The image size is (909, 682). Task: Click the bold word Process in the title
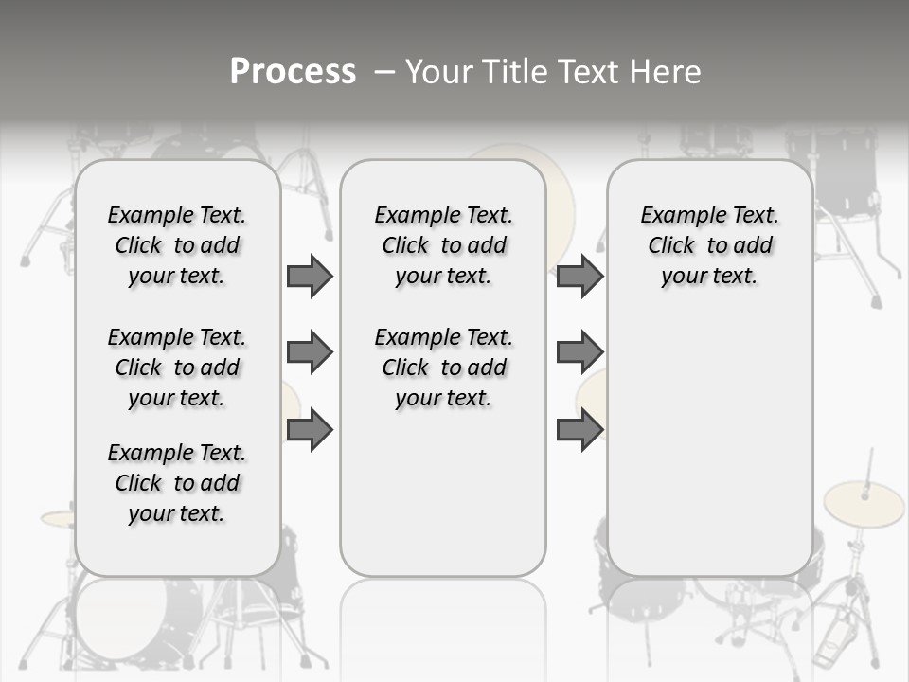click(293, 72)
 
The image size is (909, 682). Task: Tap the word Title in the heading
click(514, 72)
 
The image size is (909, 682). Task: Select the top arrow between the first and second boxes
click(310, 277)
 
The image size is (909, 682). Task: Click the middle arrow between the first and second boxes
click(310, 353)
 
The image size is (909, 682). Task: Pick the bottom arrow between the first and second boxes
click(310, 429)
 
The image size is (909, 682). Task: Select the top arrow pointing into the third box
click(579, 277)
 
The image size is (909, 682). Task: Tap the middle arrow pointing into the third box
click(579, 353)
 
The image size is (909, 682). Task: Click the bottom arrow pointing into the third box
click(579, 429)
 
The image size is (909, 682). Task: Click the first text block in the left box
click(177, 245)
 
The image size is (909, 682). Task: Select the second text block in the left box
click(177, 368)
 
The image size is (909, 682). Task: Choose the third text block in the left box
click(177, 483)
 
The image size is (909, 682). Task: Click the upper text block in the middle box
click(443, 245)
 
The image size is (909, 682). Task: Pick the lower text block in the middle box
click(443, 368)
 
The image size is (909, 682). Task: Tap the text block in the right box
click(709, 245)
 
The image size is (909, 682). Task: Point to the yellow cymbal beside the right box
click(864, 504)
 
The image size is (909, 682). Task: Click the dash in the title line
click(384, 72)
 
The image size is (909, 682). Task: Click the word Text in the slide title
click(587, 72)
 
